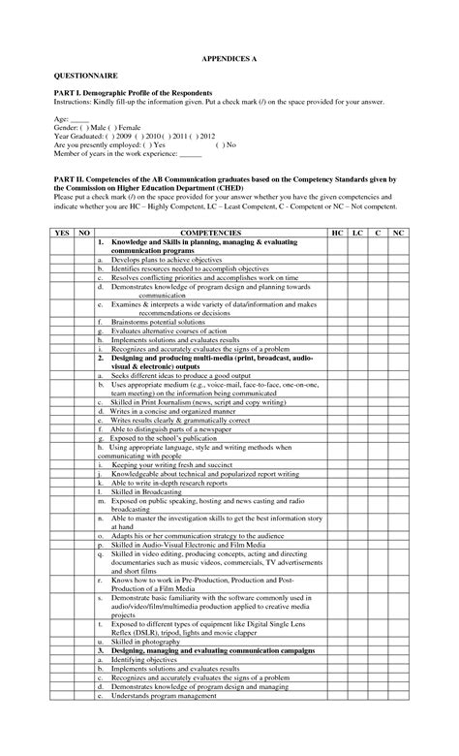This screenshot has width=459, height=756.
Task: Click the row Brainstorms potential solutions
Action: click(x=155, y=320)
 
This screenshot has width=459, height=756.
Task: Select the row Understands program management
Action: click(x=164, y=696)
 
